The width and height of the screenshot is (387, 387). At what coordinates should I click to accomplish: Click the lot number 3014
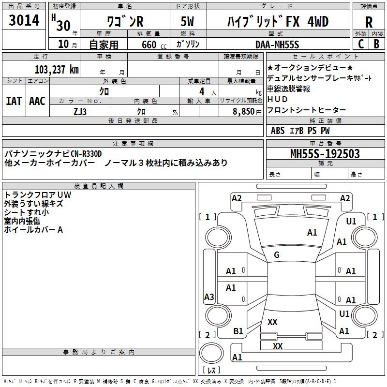tap(24, 21)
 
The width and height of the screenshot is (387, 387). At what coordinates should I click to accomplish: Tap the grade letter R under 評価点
tap(369, 22)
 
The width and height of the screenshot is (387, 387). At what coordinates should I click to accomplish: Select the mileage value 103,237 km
tap(57, 69)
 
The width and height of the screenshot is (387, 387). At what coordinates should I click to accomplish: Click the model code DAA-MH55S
tap(278, 44)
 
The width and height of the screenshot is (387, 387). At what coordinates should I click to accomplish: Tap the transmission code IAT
tap(14, 101)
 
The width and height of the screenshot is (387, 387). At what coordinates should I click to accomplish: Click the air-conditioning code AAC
tap(37, 101)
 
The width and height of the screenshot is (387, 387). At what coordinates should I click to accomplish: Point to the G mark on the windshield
tap(277, 255)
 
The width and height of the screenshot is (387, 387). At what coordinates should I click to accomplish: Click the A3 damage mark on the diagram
tap(209, 297)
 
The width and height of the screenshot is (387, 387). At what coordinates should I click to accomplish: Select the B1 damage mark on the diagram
tap(238, 331)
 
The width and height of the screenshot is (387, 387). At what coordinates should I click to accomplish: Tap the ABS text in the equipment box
tap(278, 130)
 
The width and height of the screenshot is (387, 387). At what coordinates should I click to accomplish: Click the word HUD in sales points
tap(274, 99)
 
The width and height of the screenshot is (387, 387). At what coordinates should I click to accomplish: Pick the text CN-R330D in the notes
tap(87, 154)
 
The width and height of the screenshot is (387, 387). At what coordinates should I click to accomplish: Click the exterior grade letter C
tap(360, 44)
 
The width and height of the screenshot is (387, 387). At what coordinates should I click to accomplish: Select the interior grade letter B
tap(377, 44)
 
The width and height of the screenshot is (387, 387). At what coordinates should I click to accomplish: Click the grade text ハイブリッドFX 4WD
tap(278, 22)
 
